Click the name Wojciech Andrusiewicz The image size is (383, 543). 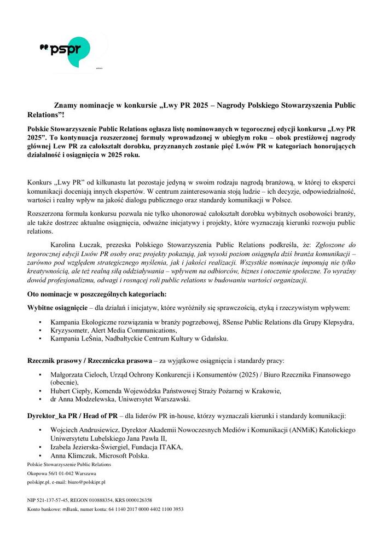point(83,431)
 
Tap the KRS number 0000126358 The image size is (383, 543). point(139,500)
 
